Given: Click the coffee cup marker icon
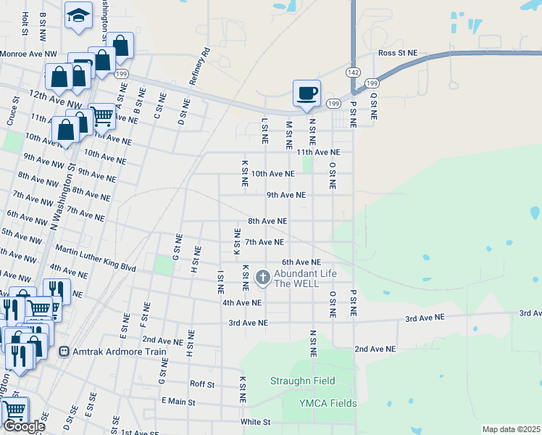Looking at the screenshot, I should pyautogui.click(x=306, y=93).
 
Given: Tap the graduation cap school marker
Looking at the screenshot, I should pyautogui.click(x=78, y=14).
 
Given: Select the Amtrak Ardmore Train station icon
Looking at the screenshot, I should pyautogui.click(x=64, y=352).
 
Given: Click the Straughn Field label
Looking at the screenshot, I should pyautogui.click(x=303, y=381).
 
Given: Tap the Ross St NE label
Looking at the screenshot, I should pyautogui.click(x=398, y=53).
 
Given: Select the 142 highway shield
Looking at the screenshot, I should pyautogui.click(x=353, y=73).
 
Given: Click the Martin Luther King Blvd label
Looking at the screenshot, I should pyautogui.click(x=96, y=258).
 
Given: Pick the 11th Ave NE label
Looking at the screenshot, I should pyautogui.click(x=317, y=152).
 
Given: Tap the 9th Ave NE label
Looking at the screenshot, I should pyautogui.click(x=286, y=195).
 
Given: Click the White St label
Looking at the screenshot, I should pyautogui.click(x=256, y=421).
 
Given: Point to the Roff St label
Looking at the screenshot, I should pyautogui.click(x=202, y=384).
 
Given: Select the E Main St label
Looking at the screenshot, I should pyautogui.click(x=178, y=401).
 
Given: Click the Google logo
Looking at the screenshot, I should pyautogui.click(x=23, y=426).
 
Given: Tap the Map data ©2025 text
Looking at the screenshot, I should pyautogui.click(x=510, y=429).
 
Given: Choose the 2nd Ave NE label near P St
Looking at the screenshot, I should pyautogui.click(x=375, y=349).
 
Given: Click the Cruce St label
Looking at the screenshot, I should pyautogui.click(x=11, y=115).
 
